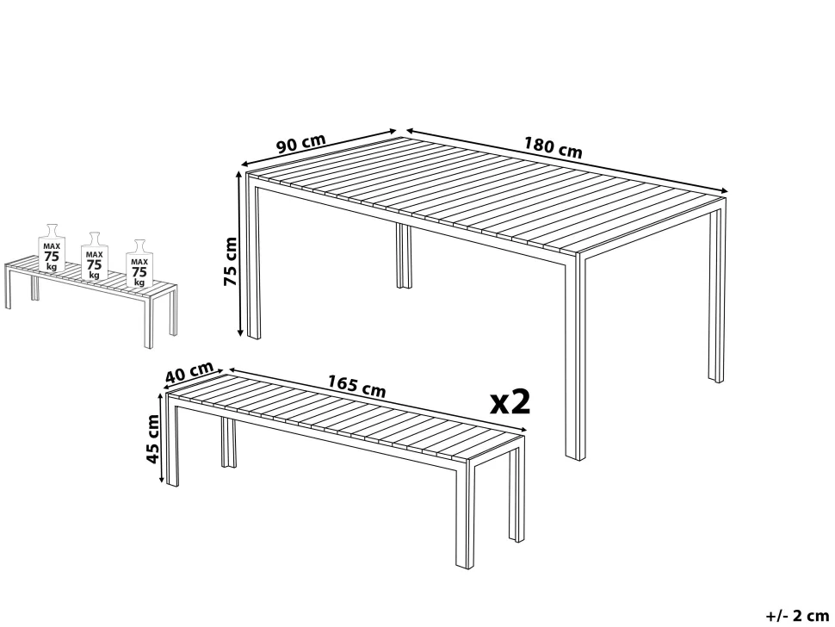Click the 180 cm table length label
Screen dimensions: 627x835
click(553, 147)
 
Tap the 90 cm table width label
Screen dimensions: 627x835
click(300, 143)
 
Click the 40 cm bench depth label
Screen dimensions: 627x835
click(189, 373)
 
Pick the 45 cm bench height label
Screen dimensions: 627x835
click(154, 438)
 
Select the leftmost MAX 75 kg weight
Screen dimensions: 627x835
click(52, 251)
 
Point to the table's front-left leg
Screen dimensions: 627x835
click(253, 258)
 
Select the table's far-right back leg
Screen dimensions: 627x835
click(716, 293)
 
